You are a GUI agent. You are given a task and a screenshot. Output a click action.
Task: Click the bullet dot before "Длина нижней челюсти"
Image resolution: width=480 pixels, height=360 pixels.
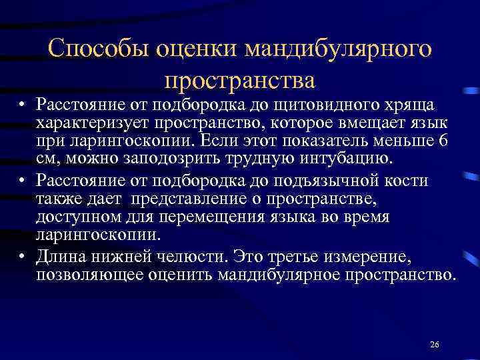(x=23, y=257)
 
